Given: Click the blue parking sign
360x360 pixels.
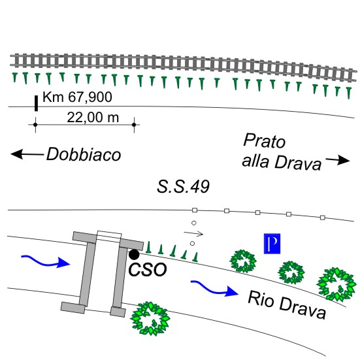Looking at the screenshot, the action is (272, 244).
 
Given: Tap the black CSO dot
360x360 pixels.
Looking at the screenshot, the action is (134, 254).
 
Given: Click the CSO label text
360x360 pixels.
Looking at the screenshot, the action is (148, 270).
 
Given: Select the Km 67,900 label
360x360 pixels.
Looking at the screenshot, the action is (77, 97).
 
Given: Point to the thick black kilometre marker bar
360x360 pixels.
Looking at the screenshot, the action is (36, 103).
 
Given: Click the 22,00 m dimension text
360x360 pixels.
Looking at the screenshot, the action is (93, 118).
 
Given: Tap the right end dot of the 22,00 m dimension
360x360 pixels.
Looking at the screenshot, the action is (134, 125).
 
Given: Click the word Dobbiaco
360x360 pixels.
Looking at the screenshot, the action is (84, 154).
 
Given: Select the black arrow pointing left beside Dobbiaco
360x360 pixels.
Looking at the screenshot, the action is (27, 154).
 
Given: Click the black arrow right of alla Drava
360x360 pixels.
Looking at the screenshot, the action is (338, 160).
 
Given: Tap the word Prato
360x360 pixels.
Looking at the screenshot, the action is (264, 140).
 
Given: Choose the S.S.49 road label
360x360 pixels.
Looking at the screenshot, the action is (183, 186).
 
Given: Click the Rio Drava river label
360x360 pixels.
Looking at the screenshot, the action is (287, 304).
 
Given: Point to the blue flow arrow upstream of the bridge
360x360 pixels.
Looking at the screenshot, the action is (46, 261).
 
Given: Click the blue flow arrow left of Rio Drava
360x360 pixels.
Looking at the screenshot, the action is (215, 288).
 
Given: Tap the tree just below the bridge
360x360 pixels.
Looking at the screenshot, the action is (150, 318).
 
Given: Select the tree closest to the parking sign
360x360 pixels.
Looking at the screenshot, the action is (243, 261).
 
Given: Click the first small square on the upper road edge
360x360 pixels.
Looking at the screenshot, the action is (195, 210).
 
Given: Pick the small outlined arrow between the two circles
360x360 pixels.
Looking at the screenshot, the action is (193, 233).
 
